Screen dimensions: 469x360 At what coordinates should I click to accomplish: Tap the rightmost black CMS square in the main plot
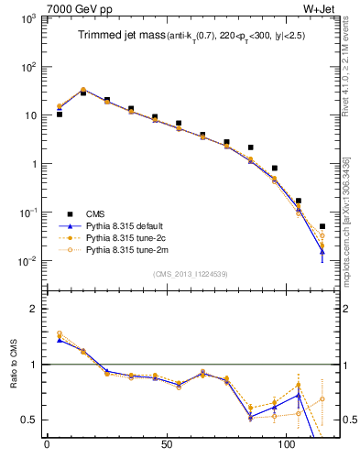pos(322,226)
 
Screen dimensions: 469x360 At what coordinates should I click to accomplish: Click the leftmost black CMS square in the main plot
pos(59,115)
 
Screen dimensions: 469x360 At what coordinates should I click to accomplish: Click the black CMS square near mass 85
pos(250,147)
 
